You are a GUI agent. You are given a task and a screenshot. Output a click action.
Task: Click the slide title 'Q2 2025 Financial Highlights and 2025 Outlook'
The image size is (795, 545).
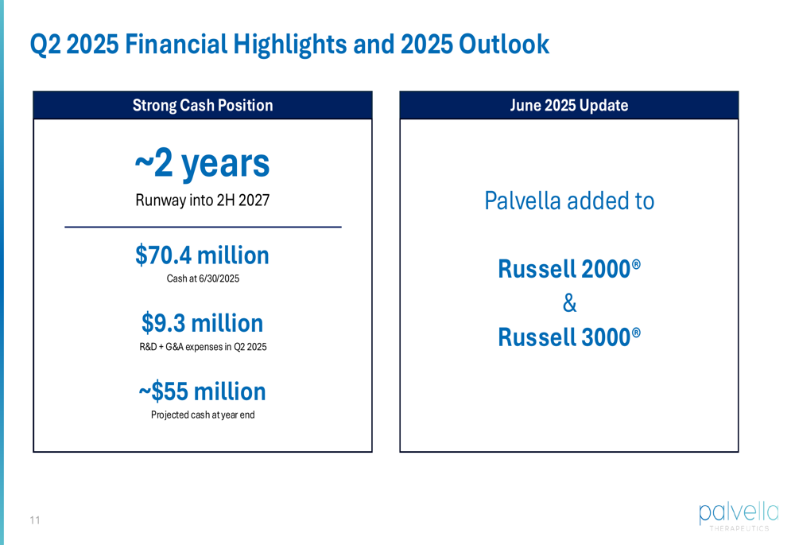289,45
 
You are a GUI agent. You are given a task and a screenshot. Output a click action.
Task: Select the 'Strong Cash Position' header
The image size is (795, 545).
203,105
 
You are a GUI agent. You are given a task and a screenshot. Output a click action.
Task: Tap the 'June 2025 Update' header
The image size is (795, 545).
569,105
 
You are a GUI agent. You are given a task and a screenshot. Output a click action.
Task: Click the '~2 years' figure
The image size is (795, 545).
202,164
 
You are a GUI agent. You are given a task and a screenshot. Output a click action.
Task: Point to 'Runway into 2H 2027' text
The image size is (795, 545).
202,200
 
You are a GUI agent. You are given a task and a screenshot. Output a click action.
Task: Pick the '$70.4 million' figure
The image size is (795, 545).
202,255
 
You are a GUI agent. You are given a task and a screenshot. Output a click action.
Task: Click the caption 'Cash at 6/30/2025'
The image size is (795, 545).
203,278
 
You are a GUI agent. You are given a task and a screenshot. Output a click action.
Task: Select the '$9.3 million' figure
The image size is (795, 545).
202,323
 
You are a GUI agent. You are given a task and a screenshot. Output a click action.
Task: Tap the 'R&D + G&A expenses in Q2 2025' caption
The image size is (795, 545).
203,347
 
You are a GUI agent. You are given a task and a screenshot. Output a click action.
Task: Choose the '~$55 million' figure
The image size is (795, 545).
202,391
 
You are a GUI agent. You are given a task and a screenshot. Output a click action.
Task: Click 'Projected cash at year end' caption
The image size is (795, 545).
203,415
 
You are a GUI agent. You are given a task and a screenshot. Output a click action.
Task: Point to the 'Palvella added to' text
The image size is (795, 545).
569,200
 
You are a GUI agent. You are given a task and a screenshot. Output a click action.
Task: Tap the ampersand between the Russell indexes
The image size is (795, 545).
569,303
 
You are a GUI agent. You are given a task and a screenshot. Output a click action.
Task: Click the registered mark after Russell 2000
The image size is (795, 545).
636,264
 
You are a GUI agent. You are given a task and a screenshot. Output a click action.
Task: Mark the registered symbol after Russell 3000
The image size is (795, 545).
636,333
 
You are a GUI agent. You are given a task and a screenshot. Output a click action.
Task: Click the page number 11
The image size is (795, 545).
35,520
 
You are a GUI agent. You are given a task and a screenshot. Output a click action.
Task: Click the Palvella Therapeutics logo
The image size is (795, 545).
739,516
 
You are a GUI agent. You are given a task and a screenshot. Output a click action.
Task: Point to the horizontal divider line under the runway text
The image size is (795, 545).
203,227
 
